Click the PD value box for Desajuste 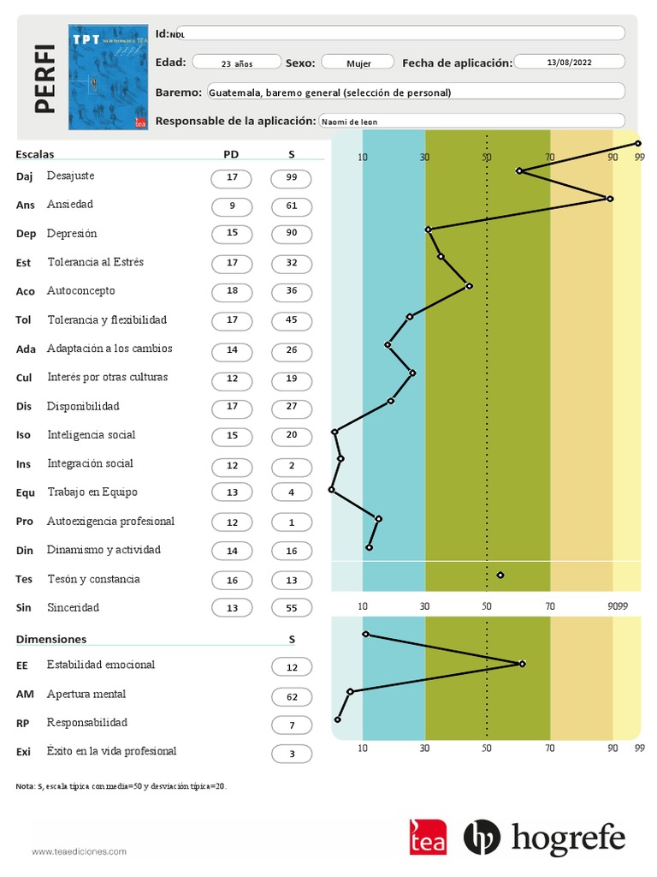pyautogui.click(x=232, y=178)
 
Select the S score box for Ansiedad pyautogui.click(x=291, y=206)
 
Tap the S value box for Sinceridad pyautogui.click(x=291, y=608)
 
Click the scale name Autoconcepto pyautogui.click(x=81, y=291)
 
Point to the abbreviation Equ pyautogui.click(x=26, y=493)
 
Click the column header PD pyautogui.click(x=231, y=154)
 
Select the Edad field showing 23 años pyautogui.click(x=237, y=63)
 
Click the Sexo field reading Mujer pyautogui.click(x=358, y=63)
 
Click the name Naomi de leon pyautogui.click(x=350, y=122)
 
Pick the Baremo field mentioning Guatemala pyautogui.click(x=415, y=92)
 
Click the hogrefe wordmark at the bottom pyautogui.click(x=568, y=838)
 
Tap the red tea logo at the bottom pyautogui.click(x=428, y=838)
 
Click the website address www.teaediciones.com pyautogui.click(x=79, y=851)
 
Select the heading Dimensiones pyautogui.click(x=51, y=640)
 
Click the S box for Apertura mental pyautogui.click(x=291, y=695)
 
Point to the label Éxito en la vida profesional pyautogui.click(x=111, y=752)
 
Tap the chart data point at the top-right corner pyautogui.click(x=638, y=144)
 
